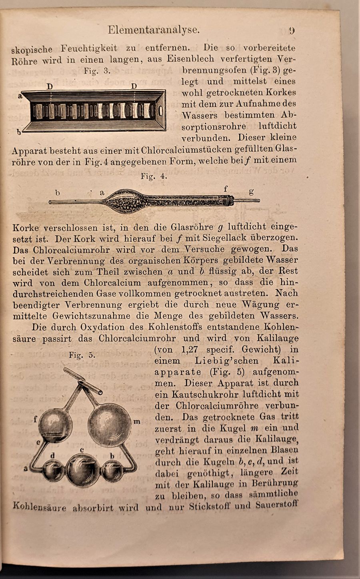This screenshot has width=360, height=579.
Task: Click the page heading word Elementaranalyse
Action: tap(154, 30)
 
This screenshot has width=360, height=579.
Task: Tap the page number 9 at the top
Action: tap(292, 30)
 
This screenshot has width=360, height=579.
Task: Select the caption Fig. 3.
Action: tap(96, 71)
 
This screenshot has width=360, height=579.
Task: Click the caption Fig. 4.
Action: tap(154, 176)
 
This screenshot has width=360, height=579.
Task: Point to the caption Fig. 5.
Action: tap(82, 355)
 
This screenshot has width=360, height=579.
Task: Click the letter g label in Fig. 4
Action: tap(251, 192)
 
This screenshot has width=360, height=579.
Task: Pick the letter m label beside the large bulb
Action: tap(137, 421)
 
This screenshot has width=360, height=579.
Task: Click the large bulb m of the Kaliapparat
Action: tap(109, 425)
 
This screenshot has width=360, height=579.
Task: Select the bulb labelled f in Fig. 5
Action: tap(55, 425)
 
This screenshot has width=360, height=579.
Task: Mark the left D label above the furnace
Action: tap(50, 86)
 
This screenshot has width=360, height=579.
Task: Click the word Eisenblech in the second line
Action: tap(191, 59)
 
